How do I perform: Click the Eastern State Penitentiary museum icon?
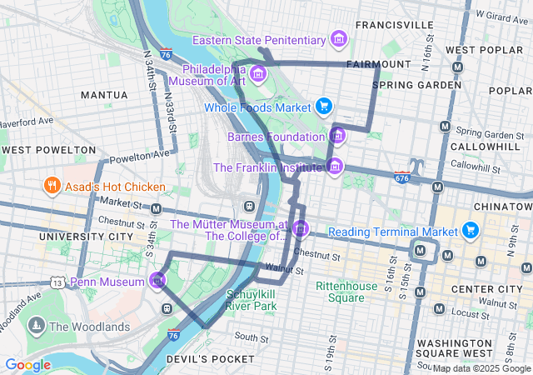point(338,39)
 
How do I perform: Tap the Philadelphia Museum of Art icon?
point(258,75)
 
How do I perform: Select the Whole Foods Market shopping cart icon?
point(324,106)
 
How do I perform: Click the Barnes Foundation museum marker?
point(337,136)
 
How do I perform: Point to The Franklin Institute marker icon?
point(334,167)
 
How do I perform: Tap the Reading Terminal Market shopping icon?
point(471,230)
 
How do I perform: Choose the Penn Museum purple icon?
point(157,282)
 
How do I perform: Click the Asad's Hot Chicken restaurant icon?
point(52,186)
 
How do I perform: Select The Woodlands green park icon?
point(36,326)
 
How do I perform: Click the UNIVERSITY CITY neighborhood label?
point(87,237)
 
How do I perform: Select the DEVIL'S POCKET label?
point(210,358)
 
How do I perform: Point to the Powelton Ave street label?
point(133,156)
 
